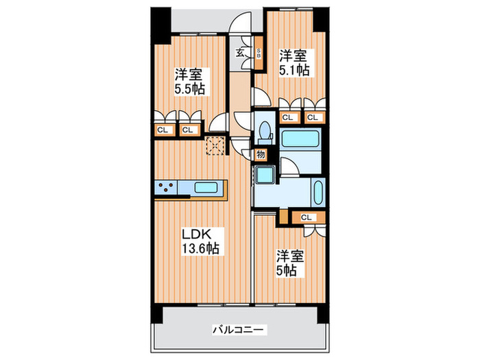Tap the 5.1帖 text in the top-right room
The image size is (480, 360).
coord(293,69)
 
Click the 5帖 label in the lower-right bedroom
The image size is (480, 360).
coord(287,270)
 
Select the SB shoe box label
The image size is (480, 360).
coord(259,53)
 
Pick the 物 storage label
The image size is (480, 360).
coord(261,155)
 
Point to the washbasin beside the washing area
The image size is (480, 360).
coord(318,193)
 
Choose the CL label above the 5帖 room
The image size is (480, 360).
coord(307,217)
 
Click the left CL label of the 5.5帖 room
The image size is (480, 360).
coord(163,128)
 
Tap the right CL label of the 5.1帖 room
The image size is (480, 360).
coord(313,117)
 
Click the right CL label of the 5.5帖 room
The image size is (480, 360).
coord(188,128)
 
